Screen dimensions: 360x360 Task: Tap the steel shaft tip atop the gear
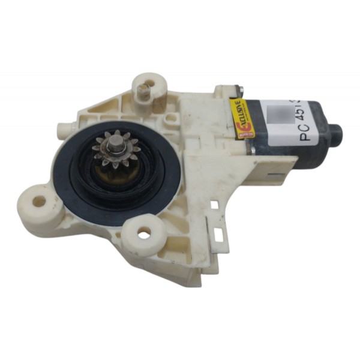click(x=115, y=143)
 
